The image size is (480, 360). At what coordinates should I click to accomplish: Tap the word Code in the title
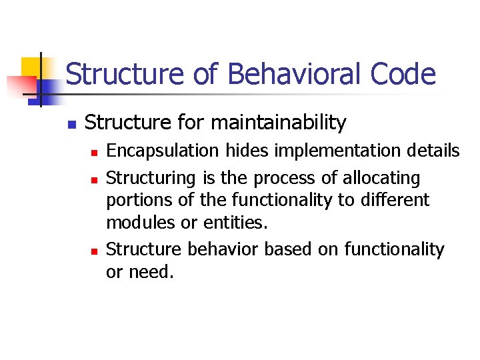(405, 74)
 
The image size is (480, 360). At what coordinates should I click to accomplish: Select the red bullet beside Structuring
(94, 180)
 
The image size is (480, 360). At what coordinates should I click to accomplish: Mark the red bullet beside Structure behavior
(94, 251)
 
